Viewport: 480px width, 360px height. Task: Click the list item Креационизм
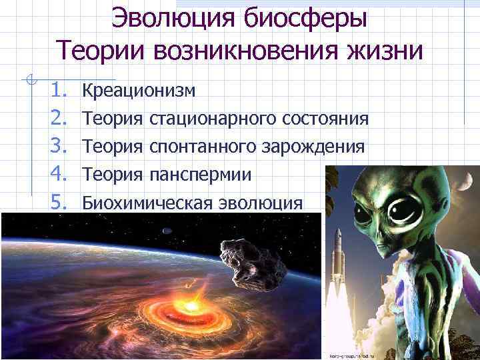(x=139, y=89)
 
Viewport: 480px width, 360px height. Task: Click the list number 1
(x=57, y=89)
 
